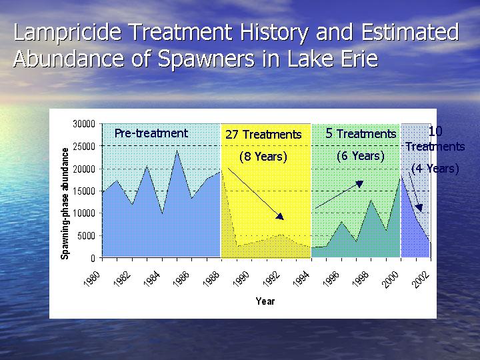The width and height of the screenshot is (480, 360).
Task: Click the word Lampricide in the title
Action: pos(67,33)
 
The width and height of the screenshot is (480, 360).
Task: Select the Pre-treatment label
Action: pos(151,133)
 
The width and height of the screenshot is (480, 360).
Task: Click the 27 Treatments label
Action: pos(263,135)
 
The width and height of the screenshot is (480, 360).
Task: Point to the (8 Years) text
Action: pos(263,157)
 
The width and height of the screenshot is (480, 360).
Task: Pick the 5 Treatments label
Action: pos(361,133)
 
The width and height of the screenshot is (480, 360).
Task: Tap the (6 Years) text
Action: pos(360,156)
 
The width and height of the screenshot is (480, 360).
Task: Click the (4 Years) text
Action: pos(435,169)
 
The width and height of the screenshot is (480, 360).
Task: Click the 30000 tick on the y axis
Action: pos(84,124)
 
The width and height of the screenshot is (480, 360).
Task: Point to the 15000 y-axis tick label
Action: pos(84,191)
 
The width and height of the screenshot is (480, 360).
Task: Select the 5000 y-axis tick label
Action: pos(86,236)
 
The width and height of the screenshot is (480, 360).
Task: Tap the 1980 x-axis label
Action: pos(92,279)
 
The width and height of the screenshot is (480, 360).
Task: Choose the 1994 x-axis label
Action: pos(301,279)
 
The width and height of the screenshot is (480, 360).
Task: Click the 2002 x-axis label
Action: pos(421,279)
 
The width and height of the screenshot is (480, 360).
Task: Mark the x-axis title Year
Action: pos(265,301)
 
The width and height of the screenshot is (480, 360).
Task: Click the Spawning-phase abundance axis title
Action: pos(65,203)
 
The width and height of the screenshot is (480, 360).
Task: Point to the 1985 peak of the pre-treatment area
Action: pos(177,151)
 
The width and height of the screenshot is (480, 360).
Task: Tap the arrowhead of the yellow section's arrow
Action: pos(280,217)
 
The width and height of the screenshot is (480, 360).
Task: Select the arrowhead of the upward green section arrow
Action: pos(359,184)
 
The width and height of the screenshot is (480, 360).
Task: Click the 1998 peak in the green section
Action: pos(371,200)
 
